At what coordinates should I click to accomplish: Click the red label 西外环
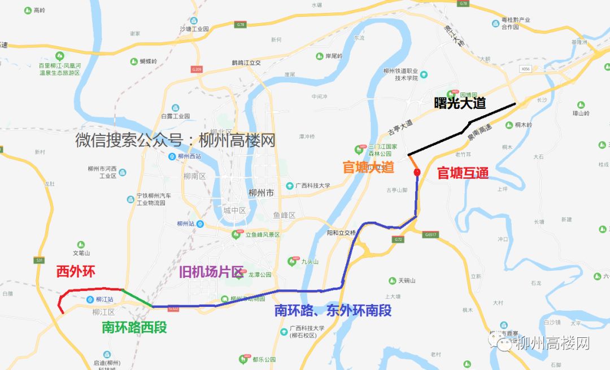coord(76,271)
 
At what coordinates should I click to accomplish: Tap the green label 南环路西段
coord(134,327)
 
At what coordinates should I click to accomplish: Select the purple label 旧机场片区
coord(211,272)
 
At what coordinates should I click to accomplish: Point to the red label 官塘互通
coord(463,173)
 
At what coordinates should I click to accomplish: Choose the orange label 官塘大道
coord(368,167)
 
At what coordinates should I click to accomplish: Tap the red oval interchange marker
coord(417,172)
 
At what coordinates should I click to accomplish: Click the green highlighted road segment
coord(137,298)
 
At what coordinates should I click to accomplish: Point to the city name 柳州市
coord(261,193)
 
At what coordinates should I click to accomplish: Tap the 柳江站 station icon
coord(90,299)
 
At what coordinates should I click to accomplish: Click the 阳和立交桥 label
coord(341,232)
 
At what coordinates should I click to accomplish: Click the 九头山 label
coord(310,262)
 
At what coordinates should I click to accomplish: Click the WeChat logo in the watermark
coord(502,341)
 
